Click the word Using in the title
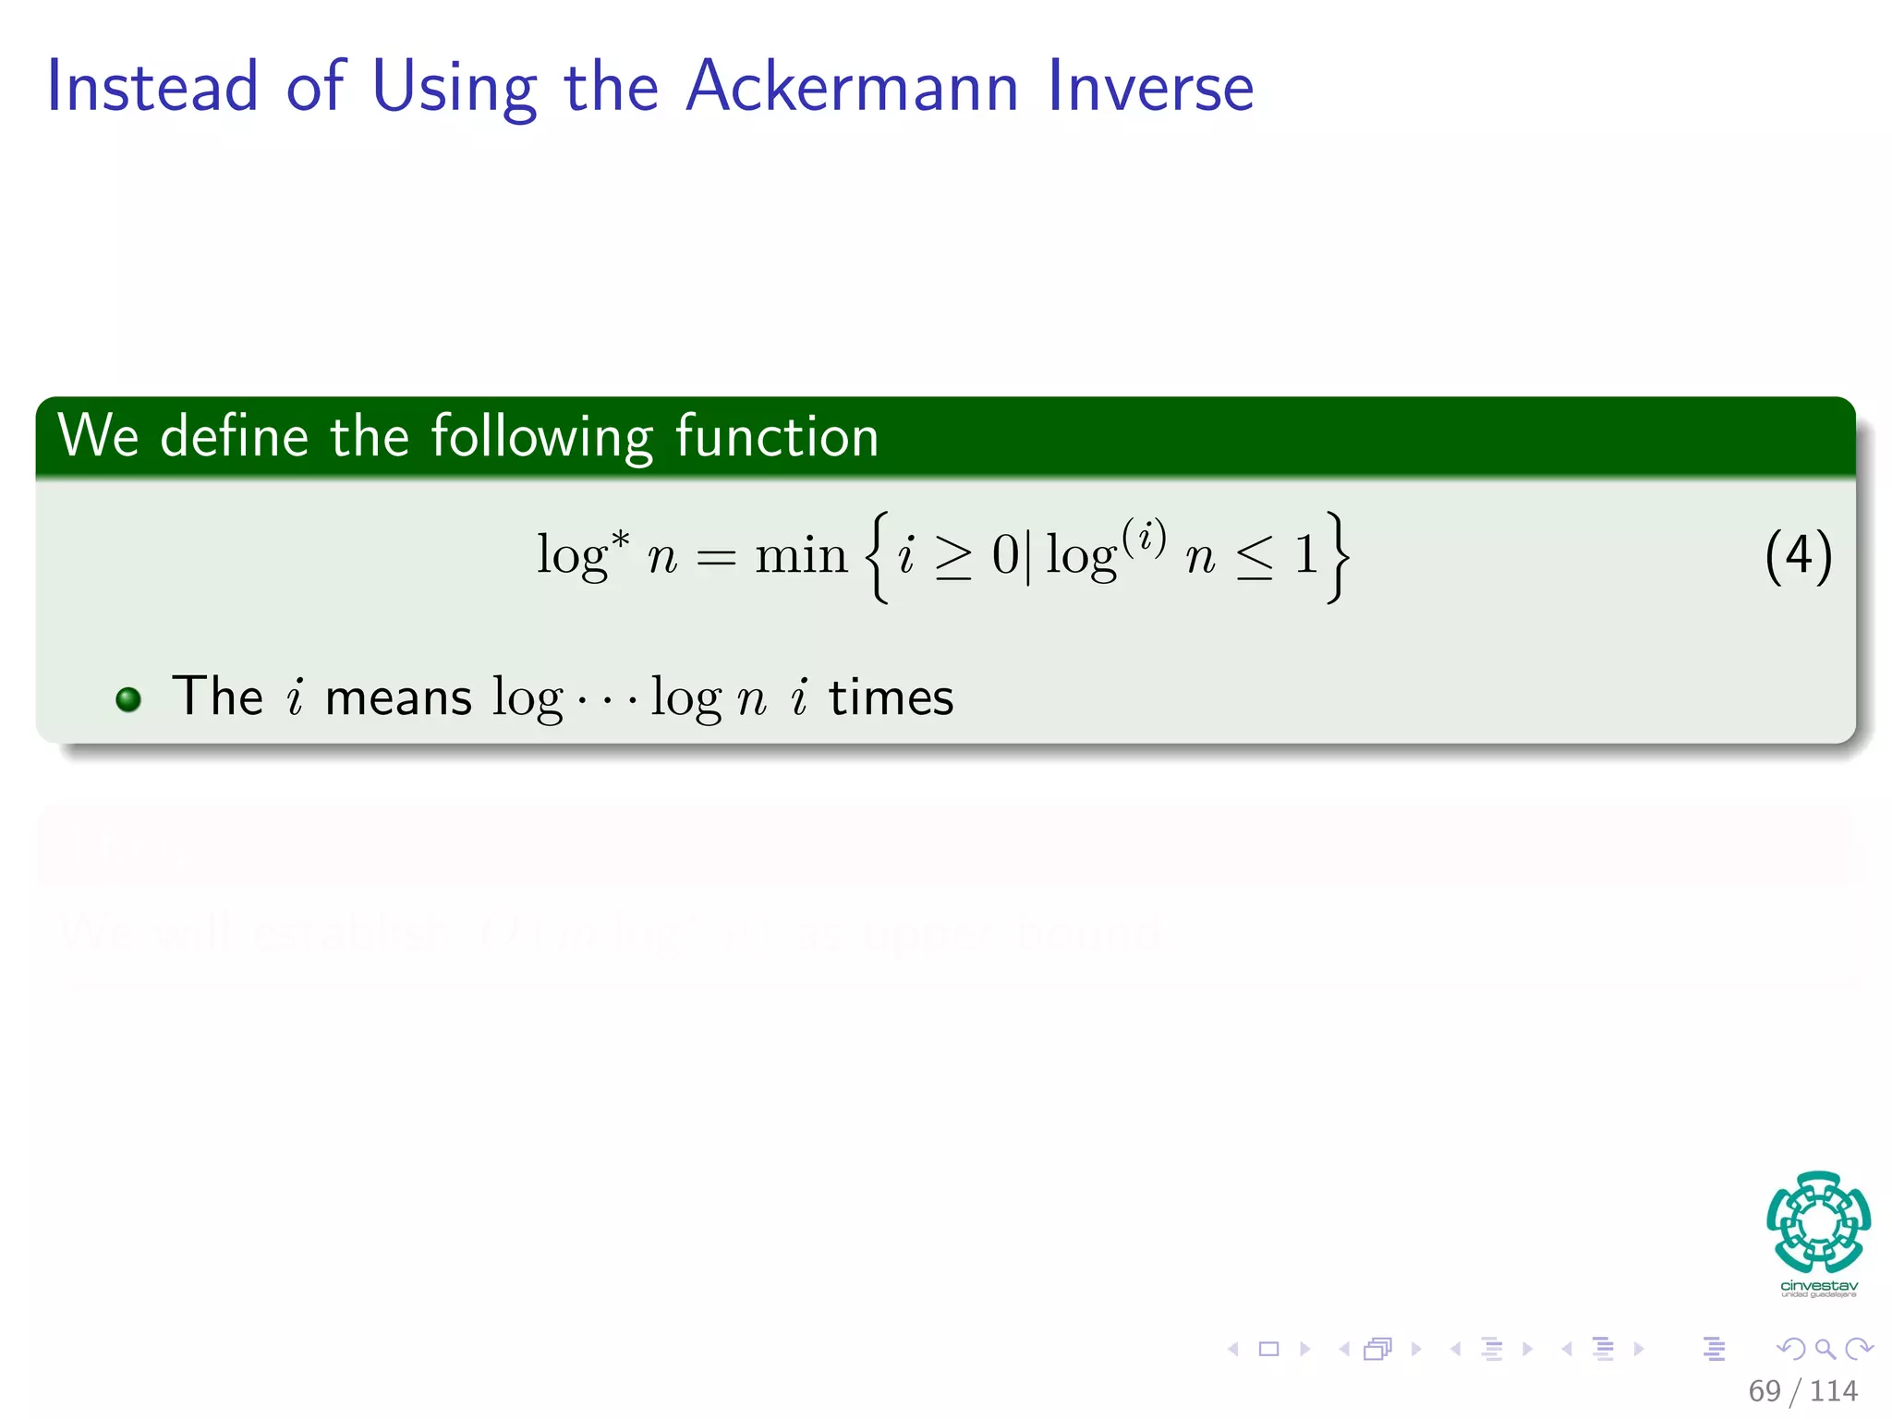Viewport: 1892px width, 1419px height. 454,88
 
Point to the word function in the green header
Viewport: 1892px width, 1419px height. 776,436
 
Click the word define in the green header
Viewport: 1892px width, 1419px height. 234,436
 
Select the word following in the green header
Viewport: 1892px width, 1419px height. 541,438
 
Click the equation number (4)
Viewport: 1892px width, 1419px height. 1798,556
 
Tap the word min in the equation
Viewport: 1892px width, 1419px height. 800,556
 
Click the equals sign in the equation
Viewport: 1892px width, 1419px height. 716,558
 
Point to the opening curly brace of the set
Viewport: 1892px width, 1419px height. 878,557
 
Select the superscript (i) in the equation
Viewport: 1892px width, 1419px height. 1144,536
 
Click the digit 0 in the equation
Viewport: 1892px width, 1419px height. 1005,556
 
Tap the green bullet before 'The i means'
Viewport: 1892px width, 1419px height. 128,699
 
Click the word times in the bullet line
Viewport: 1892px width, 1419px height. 891,697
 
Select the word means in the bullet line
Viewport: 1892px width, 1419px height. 398,698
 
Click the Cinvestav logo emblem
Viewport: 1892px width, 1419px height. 1818,1223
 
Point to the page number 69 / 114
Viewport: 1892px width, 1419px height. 1802,1390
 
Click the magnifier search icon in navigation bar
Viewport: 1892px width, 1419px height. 1825,1349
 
